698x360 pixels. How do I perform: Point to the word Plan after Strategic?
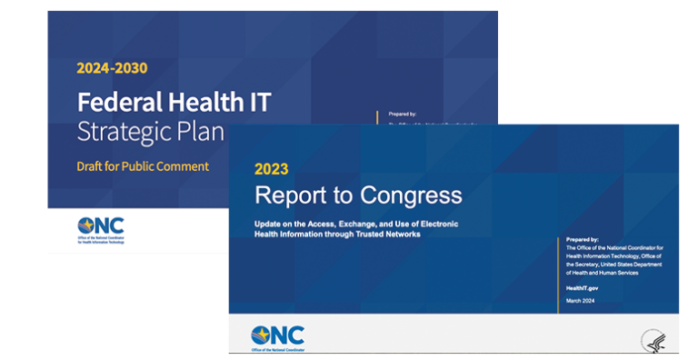pos(203,132)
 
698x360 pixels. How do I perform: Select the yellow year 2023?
pos(271,168)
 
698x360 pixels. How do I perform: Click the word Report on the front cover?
pos(290,195)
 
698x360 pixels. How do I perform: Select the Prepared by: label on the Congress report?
pos(582,240)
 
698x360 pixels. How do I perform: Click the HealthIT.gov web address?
pos(582,288)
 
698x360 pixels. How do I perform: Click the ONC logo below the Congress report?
pos(277,336)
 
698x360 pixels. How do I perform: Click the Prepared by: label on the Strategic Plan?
pos(404,115)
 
